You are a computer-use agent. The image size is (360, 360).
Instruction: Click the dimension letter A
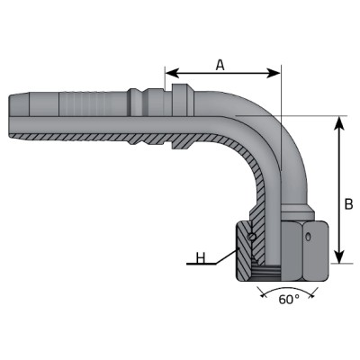tap(220, 65)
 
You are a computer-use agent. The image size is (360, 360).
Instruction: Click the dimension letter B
tap(348, 204)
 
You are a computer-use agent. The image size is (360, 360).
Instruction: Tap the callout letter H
tap(201, 258)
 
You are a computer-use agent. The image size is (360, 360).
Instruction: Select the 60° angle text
tap(289, 300)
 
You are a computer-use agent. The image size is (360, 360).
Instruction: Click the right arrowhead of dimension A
tap(273, 73)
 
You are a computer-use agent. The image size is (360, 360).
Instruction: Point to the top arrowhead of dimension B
tap(339, 123)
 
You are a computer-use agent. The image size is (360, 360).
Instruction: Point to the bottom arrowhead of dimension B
tap(339, 256)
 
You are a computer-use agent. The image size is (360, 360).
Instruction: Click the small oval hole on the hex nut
tap(308, 237)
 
